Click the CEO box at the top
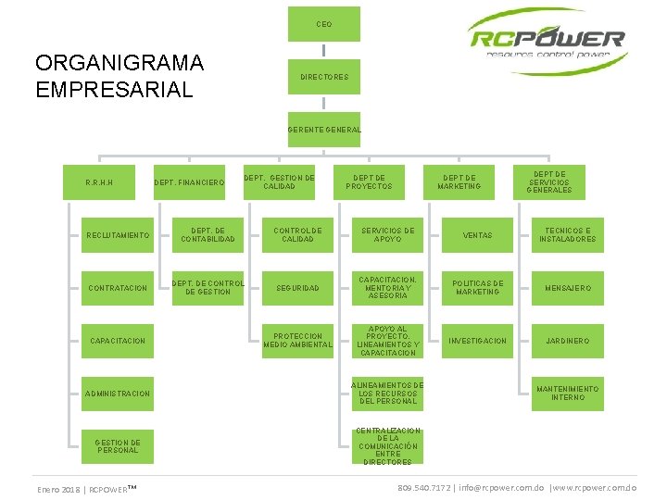[x=323, y=24]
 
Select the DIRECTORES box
[x=323, y=77]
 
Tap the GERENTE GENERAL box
[x=323, y=130]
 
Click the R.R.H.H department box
[x=99, y=182]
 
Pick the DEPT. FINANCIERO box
[x=189, y=182]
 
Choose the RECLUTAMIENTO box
[x=118, y=235]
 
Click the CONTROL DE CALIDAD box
[x=297, y=235]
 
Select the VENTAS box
[x=477, y=235]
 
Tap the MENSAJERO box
[x=568, y=288]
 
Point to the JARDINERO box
[x=568, y=341]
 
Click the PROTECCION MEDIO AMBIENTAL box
[x=297, y=341]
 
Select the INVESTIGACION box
[x=477, y=341]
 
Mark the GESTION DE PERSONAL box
[x=118, y=446]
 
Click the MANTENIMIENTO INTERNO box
[x=568, y=394]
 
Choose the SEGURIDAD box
[x=297, y=288]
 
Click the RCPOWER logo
[x=547, y=41]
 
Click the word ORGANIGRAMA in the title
[x=119, y=63]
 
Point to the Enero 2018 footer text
[x=58, y=488]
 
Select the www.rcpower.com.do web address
[x=594, y=487]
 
